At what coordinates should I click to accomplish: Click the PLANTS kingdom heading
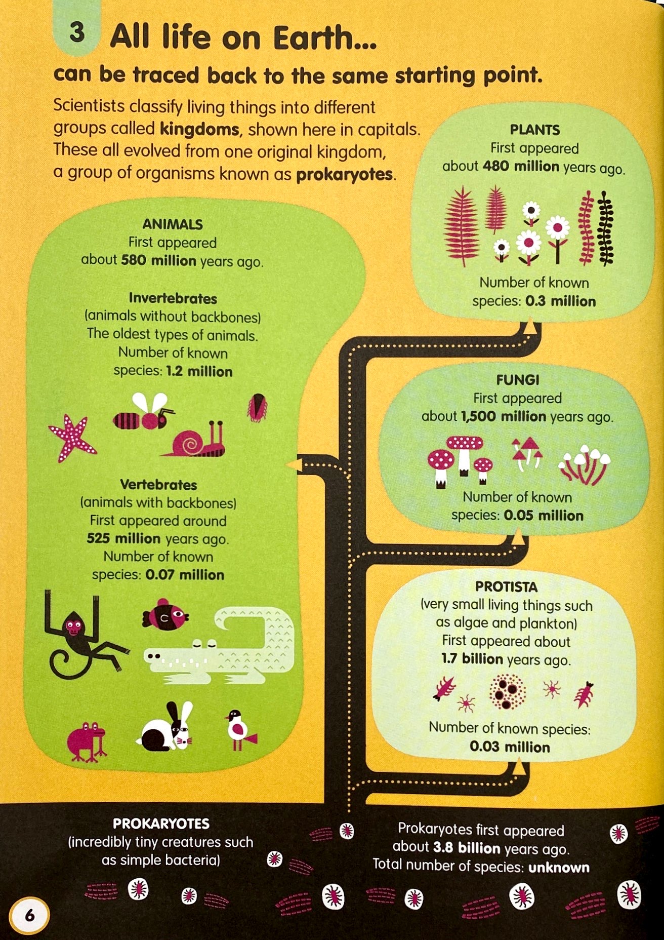tap(534, 130)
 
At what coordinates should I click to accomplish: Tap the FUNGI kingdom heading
tap(517, 379)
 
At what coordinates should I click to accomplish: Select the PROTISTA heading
tap(506, 586)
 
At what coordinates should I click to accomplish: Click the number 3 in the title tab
tap(77, 32)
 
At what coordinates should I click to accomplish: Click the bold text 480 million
tap(521, 166)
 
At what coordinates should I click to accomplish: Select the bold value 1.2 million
tap(199, 371)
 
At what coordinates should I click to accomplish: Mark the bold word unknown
tap(559, 868)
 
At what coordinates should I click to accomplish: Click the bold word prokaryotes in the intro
tap(344, 175)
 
